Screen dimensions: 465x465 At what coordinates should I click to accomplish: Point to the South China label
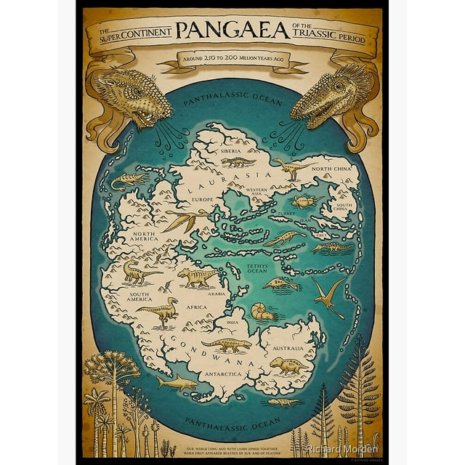point(344,206)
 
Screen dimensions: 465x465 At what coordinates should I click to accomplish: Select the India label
point(232,322)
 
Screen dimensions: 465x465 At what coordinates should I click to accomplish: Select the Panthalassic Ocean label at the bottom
point(231,421)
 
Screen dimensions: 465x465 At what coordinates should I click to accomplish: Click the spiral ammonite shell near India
point(262,312)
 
